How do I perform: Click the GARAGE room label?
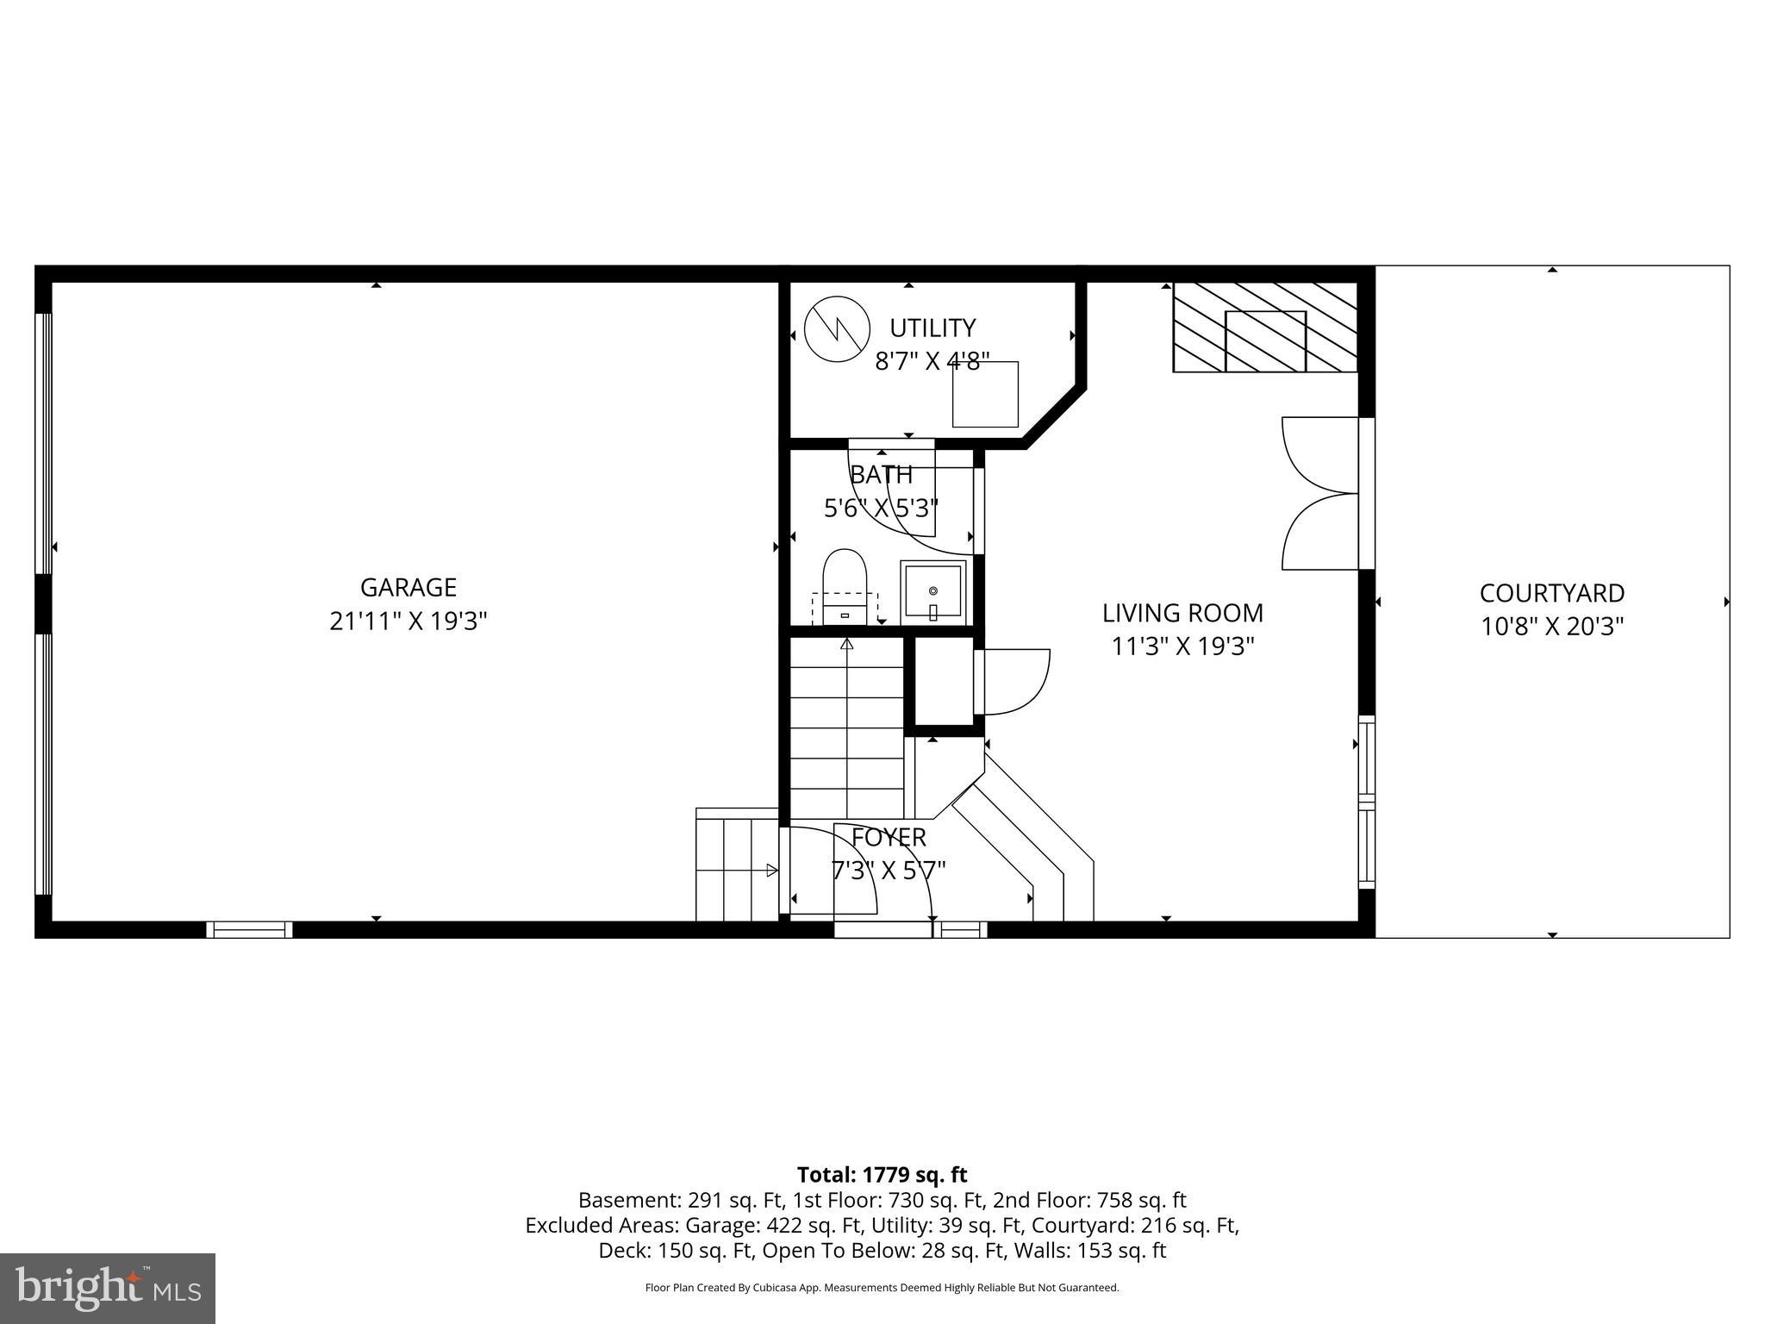coord(408,588)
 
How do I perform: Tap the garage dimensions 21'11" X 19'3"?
coord(408,621)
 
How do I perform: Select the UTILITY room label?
coord(932,328)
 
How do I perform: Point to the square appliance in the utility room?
coord(985,394)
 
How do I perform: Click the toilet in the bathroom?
coord(844,584)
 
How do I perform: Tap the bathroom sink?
coord(932,592)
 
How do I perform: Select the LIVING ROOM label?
coord(1182,614)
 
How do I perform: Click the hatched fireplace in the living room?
coord(1264,328)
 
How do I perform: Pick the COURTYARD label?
coord(1551,593)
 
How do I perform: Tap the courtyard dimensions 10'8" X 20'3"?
coord(1551,627)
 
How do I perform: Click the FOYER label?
coord(889,838)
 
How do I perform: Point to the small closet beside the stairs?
coord(943,681)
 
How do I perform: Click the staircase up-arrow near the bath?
coord(846,644)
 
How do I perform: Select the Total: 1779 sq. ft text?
coord(882,1175)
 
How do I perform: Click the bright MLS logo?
coord(108,1288)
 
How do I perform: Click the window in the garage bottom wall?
coord(249,929)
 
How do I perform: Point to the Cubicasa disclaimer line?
coord(882,1288)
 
